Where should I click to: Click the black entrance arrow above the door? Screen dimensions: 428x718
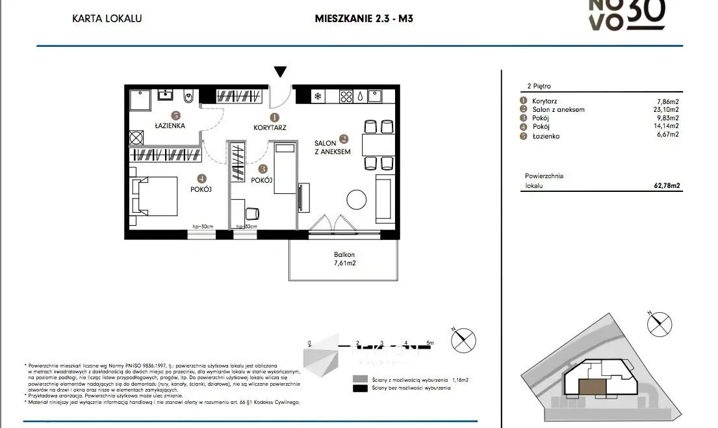coord(280,72)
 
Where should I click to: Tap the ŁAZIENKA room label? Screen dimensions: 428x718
coord(170,126)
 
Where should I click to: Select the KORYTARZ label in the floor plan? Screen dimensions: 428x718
coord(270,127)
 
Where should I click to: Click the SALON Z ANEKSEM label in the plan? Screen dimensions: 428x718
coord(332,147)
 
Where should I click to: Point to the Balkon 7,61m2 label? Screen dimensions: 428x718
coord(344,260)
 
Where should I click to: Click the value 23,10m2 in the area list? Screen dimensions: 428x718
coord(666,110)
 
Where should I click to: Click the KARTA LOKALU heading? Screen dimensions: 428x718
coord(107,18)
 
